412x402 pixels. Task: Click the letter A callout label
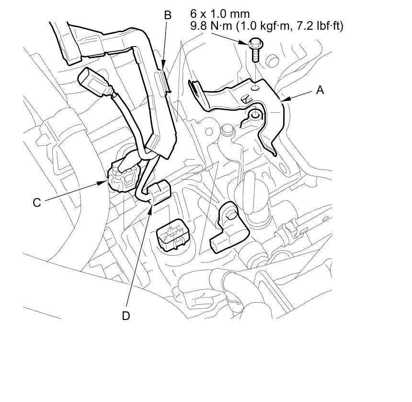click(x=320, y=90)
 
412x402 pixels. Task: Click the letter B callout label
click(x=168, y=15)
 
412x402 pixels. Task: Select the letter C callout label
click(x=37, y=202)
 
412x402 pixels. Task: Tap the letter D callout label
click(x=126, y=316)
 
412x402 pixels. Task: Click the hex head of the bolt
click(x=254, y=43)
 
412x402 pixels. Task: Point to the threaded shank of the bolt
click(x=255, y=55)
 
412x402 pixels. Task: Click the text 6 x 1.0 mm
click(x=220, y=14)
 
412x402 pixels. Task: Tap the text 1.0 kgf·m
click(x=266, y=26)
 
